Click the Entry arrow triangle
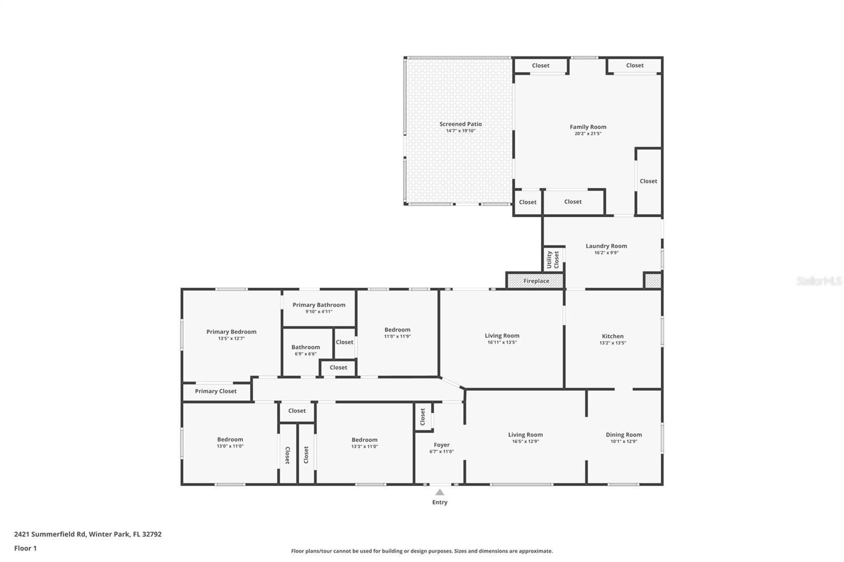pos(439,492)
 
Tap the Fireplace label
pos(536,281)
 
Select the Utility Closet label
pos(552,259)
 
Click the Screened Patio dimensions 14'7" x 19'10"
pos(461,131)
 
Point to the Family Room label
pos(588,127)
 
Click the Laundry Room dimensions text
pos(606,253)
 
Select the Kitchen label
pos(612,336)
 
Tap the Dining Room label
pos(624,434)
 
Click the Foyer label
pos(442,445)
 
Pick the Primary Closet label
pos(216,391)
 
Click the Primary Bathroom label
pos(319,305)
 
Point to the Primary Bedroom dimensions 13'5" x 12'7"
pos(231,338)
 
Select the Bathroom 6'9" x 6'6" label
pos(305,347)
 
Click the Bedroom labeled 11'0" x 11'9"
pos(397,330)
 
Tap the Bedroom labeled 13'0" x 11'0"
pos(230,439)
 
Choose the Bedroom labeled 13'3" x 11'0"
pos(365,440)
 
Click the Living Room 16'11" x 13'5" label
pos(502,335)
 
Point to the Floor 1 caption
pos(25,548)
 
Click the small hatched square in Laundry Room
pos(653,280)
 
